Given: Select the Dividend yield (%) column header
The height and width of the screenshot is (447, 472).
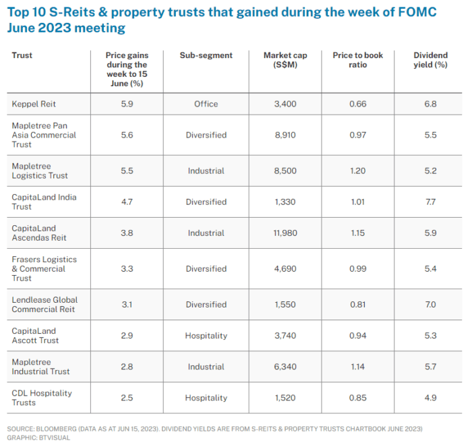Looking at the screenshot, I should (x=430, y=60).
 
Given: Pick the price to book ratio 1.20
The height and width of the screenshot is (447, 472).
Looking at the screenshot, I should (x=358, y=171).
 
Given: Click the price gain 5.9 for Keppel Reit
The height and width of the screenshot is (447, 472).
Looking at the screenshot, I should (x=126, y=104).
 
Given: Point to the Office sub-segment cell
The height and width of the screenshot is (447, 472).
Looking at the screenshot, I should (x=206, y=104).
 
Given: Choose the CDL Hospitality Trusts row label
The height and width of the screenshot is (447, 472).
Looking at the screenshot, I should (x=41, y=398).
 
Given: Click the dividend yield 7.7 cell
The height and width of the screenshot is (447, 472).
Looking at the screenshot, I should (x=430, y=202).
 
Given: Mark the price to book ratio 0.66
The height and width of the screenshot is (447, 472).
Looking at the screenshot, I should (x=358, y=104).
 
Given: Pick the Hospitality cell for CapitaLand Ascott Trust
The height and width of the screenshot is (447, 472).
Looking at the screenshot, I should (x=206, y=335).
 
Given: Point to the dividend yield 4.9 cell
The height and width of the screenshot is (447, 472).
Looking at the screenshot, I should (x=430, y=398).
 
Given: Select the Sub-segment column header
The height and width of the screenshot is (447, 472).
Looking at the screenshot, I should (x=206, y=55).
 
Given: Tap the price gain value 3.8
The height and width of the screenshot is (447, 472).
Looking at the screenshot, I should (x=126, y=233).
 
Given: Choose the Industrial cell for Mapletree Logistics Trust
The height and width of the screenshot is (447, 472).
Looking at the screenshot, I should (x=206, y=171).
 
